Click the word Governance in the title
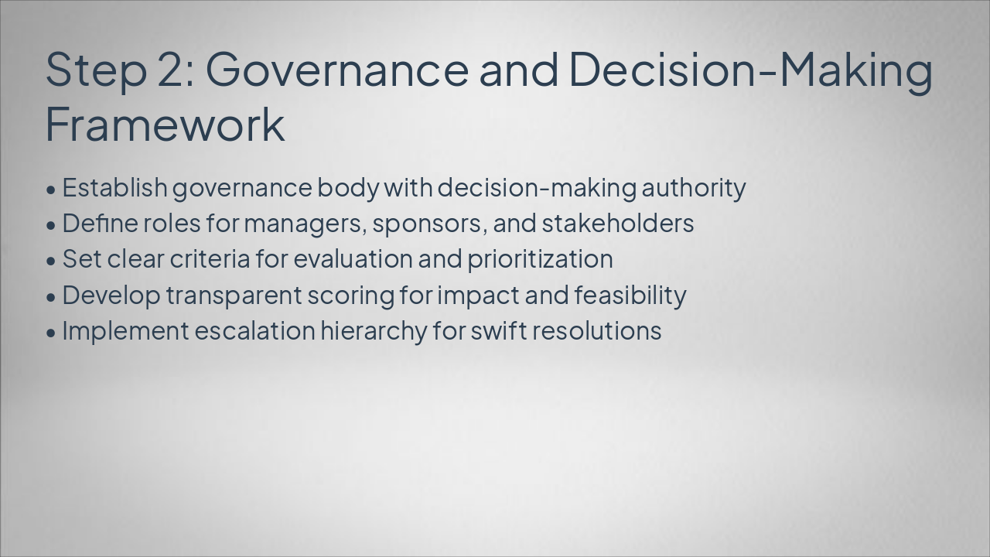coord(336,68)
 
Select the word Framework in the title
coord(165,124)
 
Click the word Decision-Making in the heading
coord(750,68)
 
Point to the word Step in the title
coord(96,70)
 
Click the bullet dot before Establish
coord(51,189)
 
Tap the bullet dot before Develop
coord(51,296)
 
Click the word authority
coord(694,188)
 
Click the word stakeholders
coord(617,224)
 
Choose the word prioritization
coord(540,259)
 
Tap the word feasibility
coord(630,296)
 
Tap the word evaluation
coord(353,259)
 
